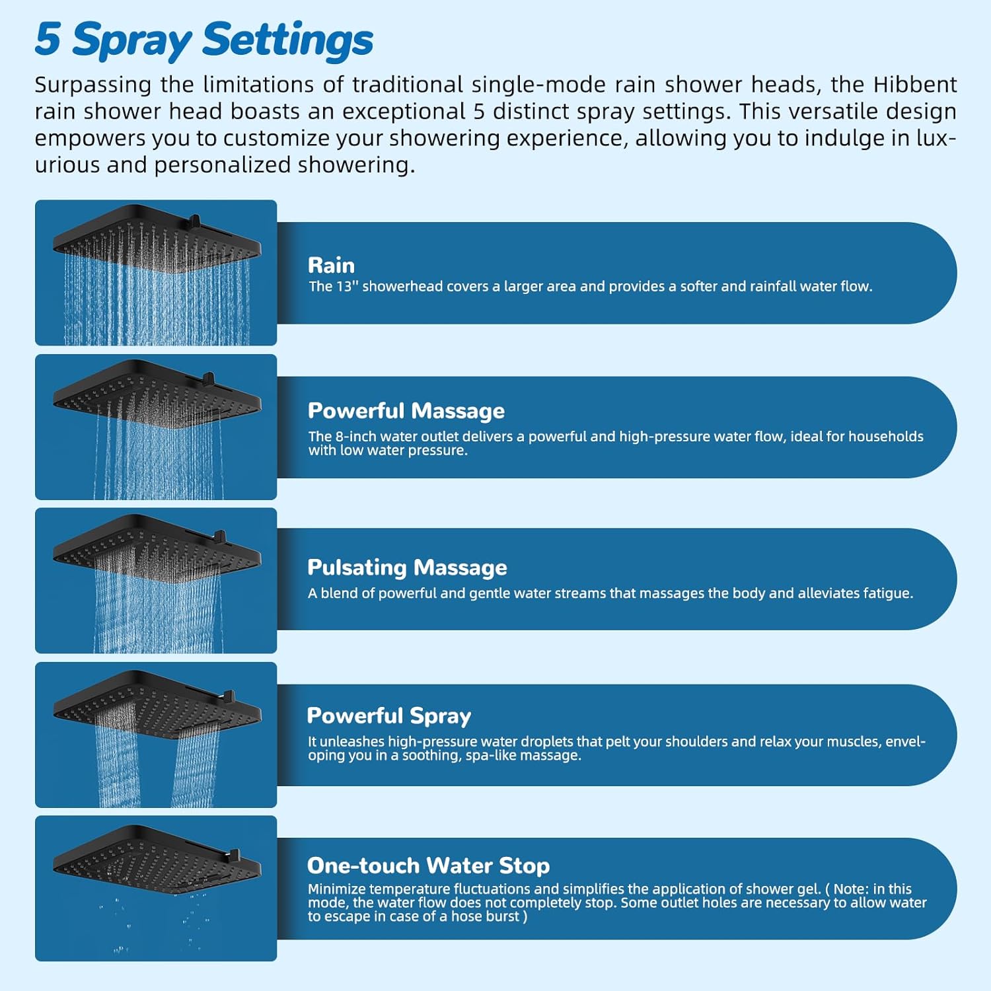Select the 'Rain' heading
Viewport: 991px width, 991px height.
(331, 266)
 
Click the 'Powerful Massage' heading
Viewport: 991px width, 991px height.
(406, 411)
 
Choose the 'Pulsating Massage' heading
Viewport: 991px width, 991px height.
(407, 568)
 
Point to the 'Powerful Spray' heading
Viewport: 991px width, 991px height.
(388, 716)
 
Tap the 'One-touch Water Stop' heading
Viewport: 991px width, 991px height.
(428, 865)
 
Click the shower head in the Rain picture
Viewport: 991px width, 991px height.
(157, 241)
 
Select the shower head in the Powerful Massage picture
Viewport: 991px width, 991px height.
(157, 395)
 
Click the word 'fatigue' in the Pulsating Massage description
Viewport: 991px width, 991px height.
(889, 593)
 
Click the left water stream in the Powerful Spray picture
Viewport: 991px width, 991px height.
(118, 766)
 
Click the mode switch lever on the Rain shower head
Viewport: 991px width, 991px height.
(194, 220)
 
